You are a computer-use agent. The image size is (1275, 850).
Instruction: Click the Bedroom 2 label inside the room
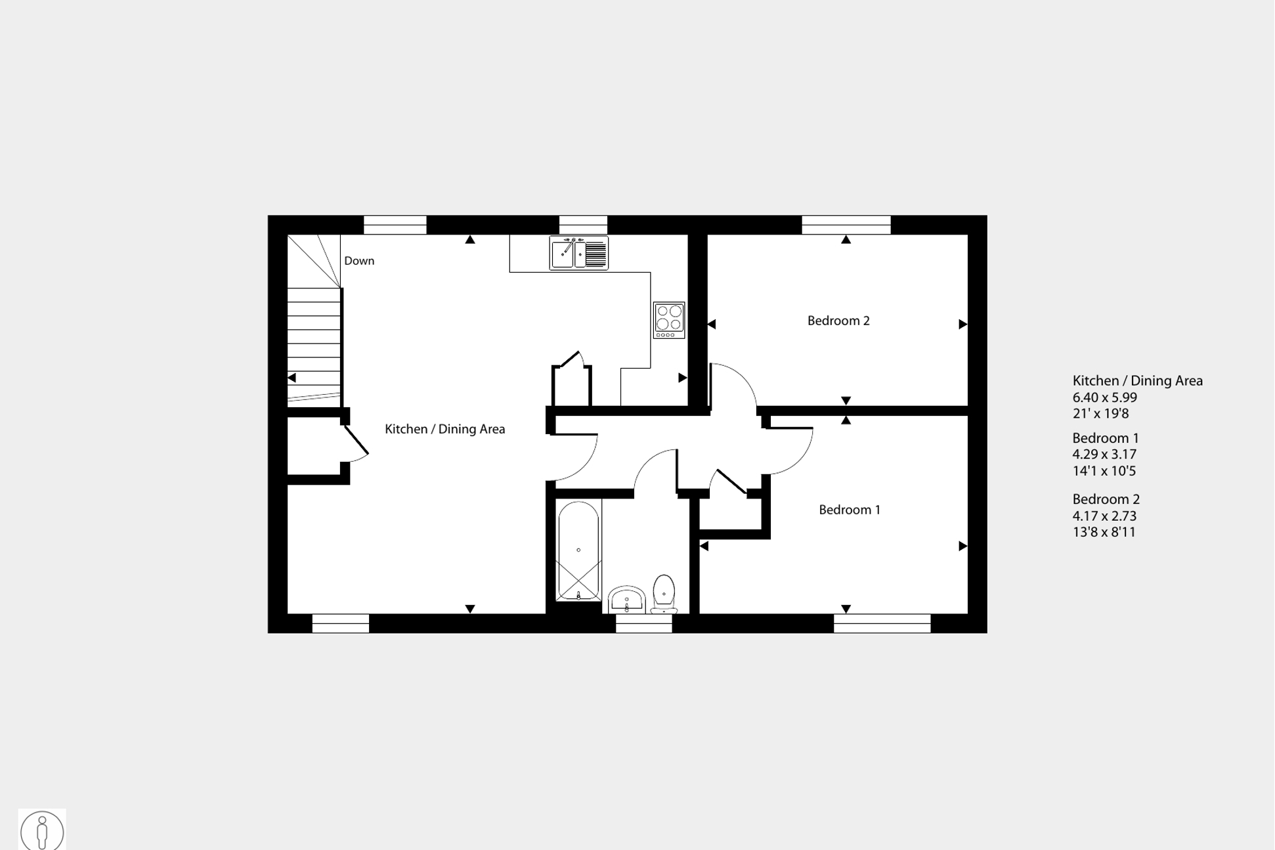pos(838,321)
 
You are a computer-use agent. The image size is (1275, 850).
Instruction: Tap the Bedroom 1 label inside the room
pos(850,510)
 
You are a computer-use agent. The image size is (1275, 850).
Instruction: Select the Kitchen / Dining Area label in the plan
pos(444,429)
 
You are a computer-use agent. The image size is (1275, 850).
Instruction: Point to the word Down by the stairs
pos(359,261)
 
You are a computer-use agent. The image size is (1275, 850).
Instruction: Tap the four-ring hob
pos(669,320)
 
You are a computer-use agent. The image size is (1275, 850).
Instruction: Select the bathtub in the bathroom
pos(578,550)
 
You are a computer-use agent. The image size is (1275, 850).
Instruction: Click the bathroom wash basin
pos(627,600)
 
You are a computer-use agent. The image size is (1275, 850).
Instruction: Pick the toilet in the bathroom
pos(664,593)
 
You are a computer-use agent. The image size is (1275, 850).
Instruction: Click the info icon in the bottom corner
pos(42,830)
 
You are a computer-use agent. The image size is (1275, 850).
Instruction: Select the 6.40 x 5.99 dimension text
pos(1104,397)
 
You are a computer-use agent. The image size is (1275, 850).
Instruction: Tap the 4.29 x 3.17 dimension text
pos(1104,455)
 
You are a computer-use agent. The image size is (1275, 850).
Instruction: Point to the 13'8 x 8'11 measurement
pos(1104,532)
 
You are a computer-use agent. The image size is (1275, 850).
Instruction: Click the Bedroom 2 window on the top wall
pos(846,225)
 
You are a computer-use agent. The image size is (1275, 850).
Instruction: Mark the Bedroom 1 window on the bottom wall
pos(882,623)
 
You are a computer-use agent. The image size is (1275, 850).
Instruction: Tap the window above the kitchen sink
pos(583,225)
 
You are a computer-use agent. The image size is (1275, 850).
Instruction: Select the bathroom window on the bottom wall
pos(643,623)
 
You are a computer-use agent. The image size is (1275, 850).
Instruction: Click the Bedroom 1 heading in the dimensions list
pos(1106,438)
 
